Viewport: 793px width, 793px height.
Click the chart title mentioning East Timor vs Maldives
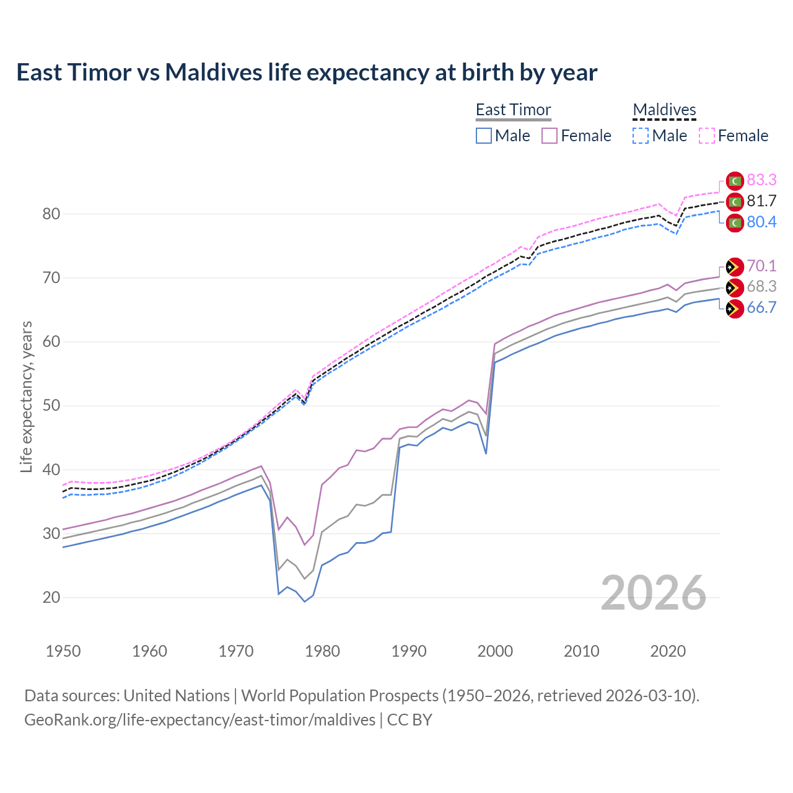tap(307, 72)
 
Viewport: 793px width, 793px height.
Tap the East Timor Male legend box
tap(484, 136)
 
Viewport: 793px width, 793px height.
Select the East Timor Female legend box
tap(550, 136)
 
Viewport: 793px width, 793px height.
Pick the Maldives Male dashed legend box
tap(641, 136)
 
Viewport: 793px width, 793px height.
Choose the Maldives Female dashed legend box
tap(707, 136)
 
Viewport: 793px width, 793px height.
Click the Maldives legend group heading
tap(664, 110)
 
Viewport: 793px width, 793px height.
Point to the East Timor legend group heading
tap(513, 110)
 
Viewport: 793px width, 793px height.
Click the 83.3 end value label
tap(761, 180)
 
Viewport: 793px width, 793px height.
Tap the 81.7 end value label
tap(761, 201)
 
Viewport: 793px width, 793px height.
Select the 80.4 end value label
tap(761, 222)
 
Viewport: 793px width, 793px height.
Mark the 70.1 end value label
tap(761, 266)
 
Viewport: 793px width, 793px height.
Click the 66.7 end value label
tap(761, 308)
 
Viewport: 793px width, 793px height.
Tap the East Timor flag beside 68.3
tap(735, 287)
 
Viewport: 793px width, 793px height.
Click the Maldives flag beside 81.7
tap(735, 202)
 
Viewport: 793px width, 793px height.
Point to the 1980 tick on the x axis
tap(322, 651)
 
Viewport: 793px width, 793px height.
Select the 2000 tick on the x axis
tap(495, 651)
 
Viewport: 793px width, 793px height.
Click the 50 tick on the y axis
tap(51, 406)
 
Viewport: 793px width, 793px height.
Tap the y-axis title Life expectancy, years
tap(26, 396)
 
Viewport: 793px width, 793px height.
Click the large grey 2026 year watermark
tap(653, 593)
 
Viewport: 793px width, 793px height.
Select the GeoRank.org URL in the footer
tap(199, 720)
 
